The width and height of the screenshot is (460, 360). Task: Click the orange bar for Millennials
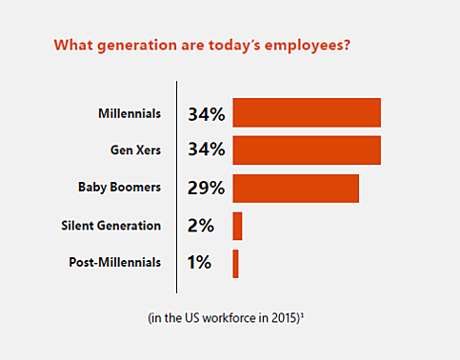coord(307,113)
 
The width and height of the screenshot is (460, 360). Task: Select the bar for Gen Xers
coord(307,150)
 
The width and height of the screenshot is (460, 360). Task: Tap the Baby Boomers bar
coord(295,189)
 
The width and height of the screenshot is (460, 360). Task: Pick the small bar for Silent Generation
coord(237,226)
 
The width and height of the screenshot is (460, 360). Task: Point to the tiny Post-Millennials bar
coord(235,263)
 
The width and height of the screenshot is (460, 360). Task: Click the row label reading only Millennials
coord(130,113)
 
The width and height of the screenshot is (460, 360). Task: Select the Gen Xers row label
coord(135,150)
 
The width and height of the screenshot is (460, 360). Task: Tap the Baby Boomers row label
coord(119,189)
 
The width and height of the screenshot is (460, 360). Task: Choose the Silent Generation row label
coord(110,226)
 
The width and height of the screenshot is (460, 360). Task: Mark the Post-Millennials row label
coord(115,263)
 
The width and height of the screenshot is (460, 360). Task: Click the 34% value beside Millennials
coord(206,114)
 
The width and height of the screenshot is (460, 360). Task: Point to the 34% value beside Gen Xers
coord(206,150)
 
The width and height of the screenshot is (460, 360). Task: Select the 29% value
coord(206,189)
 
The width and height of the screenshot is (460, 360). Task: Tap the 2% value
coord(200,226)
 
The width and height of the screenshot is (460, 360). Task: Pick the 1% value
coord(200,263)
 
